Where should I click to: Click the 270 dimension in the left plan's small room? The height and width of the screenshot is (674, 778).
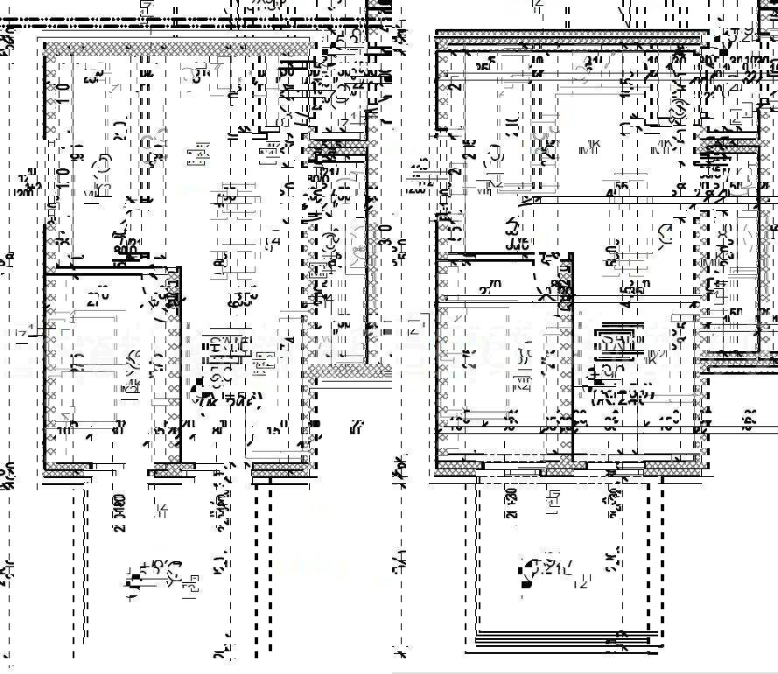(97, 294)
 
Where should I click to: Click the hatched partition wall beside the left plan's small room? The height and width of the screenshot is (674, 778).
(173, 368)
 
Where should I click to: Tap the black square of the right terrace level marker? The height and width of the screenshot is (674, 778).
(526, 584)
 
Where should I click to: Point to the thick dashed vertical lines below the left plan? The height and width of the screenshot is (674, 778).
(256, 569)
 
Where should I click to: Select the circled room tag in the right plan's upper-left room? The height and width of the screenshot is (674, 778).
(494, 153)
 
